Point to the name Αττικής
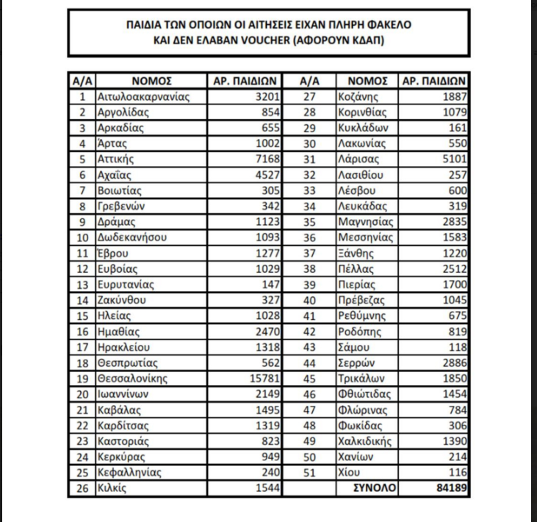(x=117, y=158)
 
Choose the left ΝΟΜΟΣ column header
(x=151, y=80)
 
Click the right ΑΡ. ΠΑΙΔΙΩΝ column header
(x=434, y=80)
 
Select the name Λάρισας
(x=358, y=158)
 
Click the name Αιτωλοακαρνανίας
(x=143, y=96)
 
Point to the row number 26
(x=82, y=487)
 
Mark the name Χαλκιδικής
(x=364, y=441)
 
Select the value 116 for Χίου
(x=455, y=472)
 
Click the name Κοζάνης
(x=358, y=96)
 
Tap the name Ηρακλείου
(x=124, y=347)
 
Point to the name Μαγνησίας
(x=364, y=221)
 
